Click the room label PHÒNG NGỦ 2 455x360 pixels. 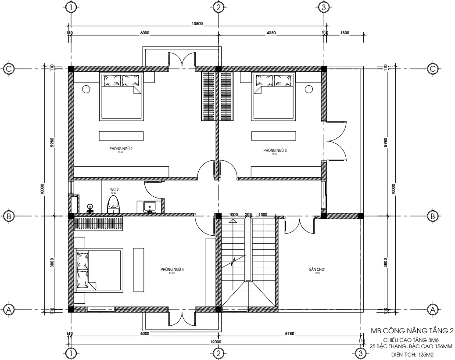pyautogui.click(x=121, y=149)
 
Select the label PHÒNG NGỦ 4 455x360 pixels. pyautogui.click(x=172, y=270)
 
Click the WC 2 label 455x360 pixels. pyautogui.click(x=114, y=190)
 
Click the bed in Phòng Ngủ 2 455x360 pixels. pyautogui.click(x=122, y=97)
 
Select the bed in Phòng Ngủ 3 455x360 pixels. pyautogui.click(x=272, y=97)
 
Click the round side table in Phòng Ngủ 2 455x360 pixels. pyautogui.click(x=86, y=89)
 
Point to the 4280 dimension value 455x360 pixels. pyautogui.click(x=271, y=32)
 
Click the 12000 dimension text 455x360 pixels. pyautogui.click(x=215, y=342)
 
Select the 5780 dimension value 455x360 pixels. pyautogui.click(x=289, y=334)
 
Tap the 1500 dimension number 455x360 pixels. pyautogui.click(x=344, y=32)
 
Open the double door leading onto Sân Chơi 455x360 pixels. pyautogui.click(x=299, y=226)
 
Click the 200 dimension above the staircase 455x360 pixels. pyautogui.click(x=248, y=215)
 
